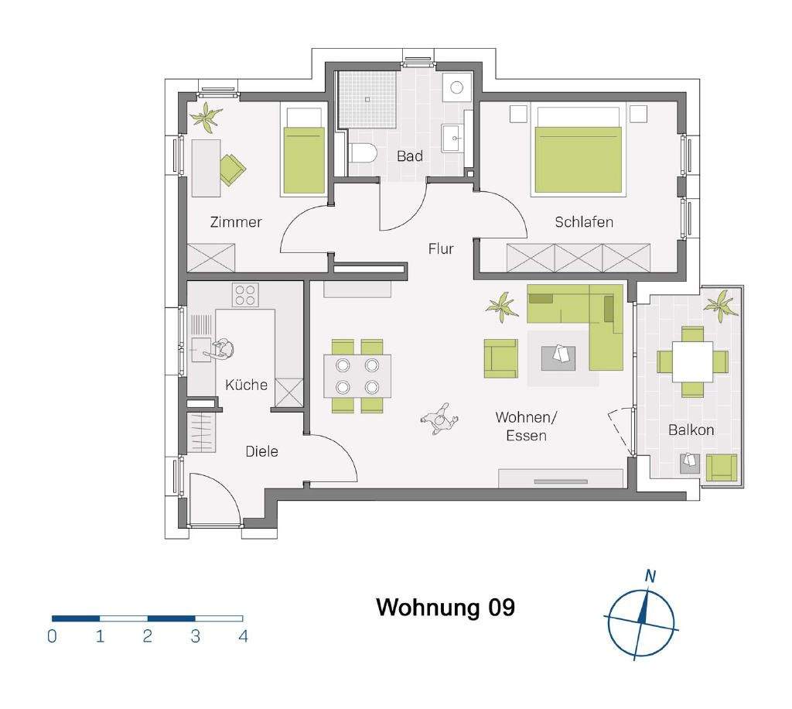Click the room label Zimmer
point(236,222)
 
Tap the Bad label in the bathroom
point(410,156)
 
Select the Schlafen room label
point(584,222)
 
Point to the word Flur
point(441,248)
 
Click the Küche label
point(246,385)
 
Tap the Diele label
point(261,451)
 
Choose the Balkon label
point(691,430)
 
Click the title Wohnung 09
point(445,608)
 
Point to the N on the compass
point(650,576)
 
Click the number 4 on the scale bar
point(244,636)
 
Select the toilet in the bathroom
point(362,153)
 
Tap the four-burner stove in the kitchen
point(245,295)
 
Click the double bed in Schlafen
point(579,151)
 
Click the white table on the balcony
point(692,361)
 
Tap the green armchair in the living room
point(501,358)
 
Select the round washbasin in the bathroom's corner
point(457,87)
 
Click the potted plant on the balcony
point(722,305)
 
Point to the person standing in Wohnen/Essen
point(440,420)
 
